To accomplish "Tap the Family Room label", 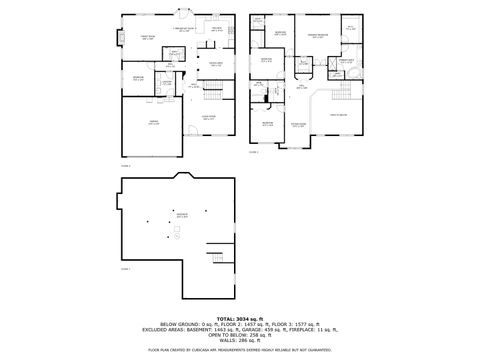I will pos(147,38).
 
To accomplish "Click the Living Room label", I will pos(209,117).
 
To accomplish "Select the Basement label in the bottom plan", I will pos(181,215).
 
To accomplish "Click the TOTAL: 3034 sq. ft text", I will pos(239,319).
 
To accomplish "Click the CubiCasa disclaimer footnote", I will pos(239,350).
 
